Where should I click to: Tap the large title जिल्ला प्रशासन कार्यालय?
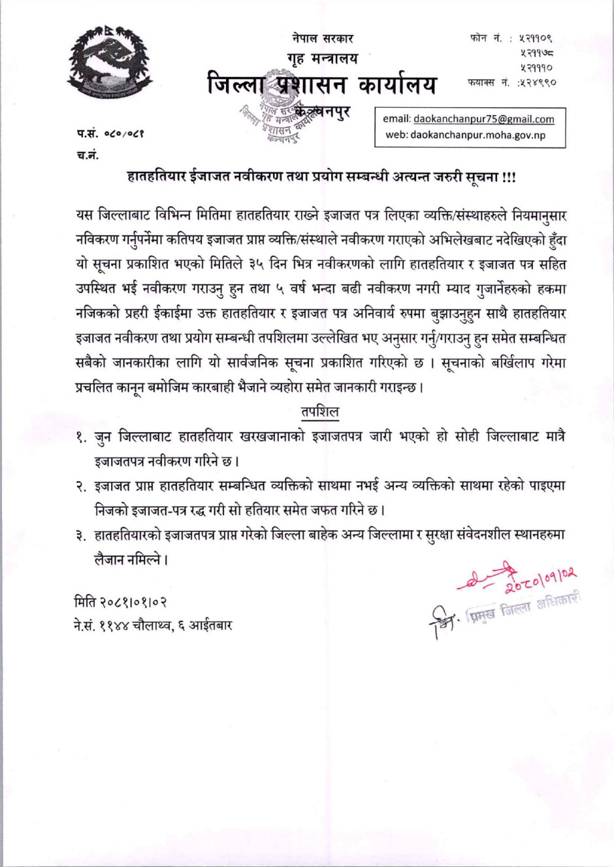tap(322, 86)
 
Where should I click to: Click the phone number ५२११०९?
tap(536, 39)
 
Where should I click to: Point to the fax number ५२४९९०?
tap(537, 83)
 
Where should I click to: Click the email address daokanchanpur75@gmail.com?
tap(483, 119)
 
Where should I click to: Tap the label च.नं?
tap(88, 155)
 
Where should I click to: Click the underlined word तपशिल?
tap(319, 411)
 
